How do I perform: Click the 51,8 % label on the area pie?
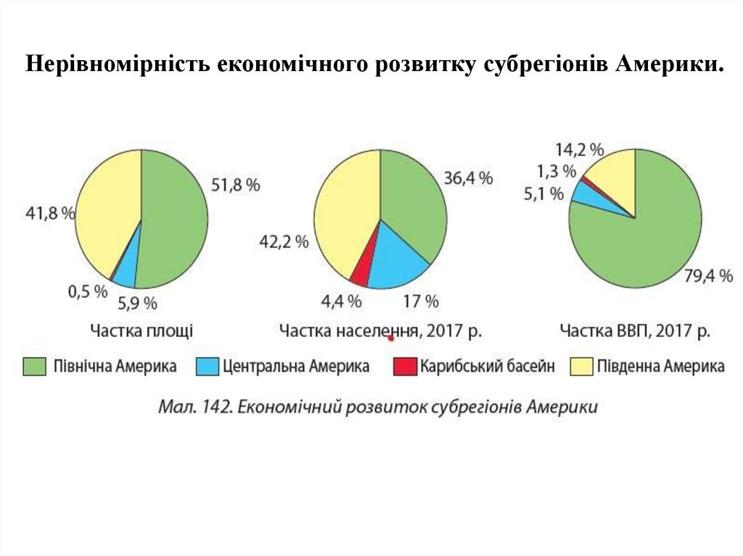[235, 186]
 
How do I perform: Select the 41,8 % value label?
[51, 214]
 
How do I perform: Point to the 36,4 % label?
[468, 178]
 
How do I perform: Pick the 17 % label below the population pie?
[421, 300]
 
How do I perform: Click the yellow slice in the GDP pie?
[616, 174]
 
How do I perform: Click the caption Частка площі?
[141, 331]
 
